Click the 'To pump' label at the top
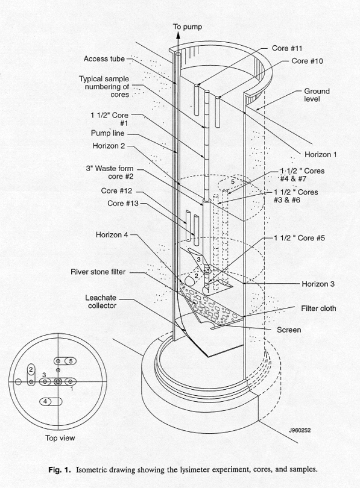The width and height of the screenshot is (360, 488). (x=188, y=27)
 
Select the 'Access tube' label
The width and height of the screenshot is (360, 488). (x=104, y=59)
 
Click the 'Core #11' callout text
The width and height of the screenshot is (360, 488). (x=287, y=48)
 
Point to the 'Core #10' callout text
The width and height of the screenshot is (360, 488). (x=307, y=61)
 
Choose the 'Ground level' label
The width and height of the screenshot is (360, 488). (x=317, y=95)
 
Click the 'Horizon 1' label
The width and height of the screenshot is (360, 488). (x=320, y=154)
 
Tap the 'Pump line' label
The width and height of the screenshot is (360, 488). (x=107, y=133)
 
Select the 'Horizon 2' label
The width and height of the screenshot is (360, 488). (x=109, y=146)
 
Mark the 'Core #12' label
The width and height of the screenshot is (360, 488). (x=117, y=190)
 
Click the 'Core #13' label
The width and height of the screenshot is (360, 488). (x=123, y=203)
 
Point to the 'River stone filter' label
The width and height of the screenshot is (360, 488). (x=98, y=272)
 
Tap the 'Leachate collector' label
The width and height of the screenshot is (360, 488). (x=101, y=302)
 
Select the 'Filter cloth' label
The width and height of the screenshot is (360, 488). (x=318, y=308)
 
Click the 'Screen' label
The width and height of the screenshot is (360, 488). (x=289, y=330)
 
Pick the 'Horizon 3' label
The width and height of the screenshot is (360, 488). (x=318, y=284)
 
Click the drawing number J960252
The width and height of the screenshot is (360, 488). (x=300, y=430)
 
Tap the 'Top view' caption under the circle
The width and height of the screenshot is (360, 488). (x=60, y=438)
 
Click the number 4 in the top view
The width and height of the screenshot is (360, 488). (x=45, y=401)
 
